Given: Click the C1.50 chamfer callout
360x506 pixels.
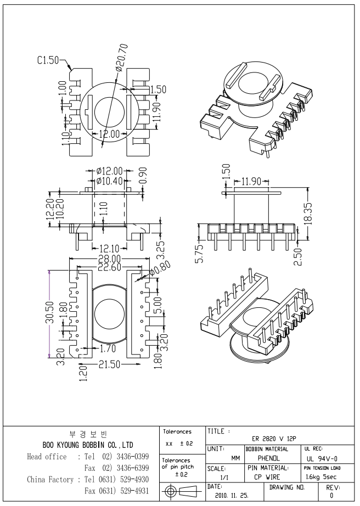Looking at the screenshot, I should (48, 60).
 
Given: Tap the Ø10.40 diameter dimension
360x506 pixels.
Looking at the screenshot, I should (109, 181).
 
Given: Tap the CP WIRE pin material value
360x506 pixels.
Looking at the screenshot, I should (269, 476).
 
